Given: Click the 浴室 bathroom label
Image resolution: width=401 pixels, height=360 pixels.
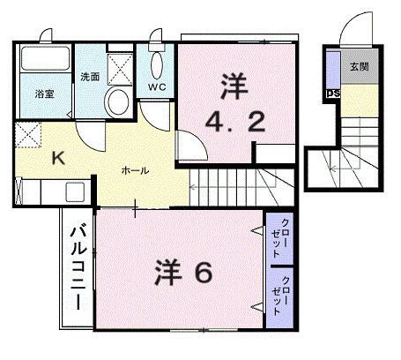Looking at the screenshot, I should tap(46, 93).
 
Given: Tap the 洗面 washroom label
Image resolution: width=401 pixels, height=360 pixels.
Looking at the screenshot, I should tap(89, 76).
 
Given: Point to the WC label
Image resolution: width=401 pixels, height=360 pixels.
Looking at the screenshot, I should tap(158, 87).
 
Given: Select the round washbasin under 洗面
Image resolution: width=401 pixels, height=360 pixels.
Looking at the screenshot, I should tap(116, 101).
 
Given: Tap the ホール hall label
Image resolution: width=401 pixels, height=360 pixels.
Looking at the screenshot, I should tap(135, 170).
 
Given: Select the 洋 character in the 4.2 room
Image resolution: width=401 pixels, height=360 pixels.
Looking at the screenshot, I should tap(234, 86).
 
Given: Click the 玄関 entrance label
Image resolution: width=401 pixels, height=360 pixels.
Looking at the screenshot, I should tap(358, 67).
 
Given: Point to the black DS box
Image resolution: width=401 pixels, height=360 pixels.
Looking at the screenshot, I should tap(333, 93).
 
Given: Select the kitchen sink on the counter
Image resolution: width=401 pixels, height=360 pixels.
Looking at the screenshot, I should tap(73, 191).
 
